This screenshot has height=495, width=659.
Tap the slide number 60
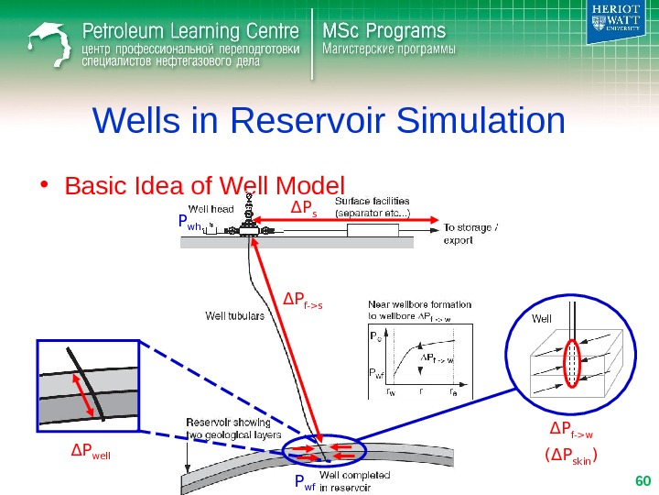[x=642, y=480]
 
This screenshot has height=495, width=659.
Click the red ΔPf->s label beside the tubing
[x=301, y=298]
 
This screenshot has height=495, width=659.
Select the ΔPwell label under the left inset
[x=91, y=450]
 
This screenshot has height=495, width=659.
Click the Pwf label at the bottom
[x=305, y=482]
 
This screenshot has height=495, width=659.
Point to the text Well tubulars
[x=234, y=316]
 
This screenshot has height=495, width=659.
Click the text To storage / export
[x=471, y=234]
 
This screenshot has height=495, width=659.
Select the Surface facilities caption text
[x=373, y=206]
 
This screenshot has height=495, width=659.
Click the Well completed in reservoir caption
[x=355, y=480]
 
